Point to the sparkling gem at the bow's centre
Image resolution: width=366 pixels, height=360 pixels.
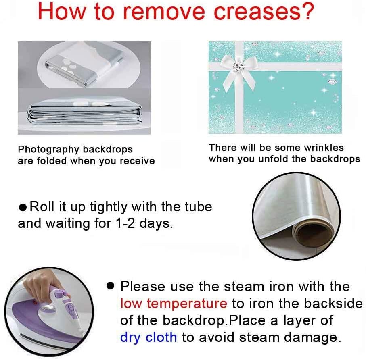238,66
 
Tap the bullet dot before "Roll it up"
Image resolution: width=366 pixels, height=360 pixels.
23,207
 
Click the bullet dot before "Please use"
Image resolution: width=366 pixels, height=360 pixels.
110,286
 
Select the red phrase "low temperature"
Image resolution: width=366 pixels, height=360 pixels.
174,303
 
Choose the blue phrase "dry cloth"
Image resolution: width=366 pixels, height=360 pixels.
148,337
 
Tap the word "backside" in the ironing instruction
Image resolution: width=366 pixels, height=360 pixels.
333,303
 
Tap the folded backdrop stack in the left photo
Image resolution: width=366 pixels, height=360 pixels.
84,114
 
